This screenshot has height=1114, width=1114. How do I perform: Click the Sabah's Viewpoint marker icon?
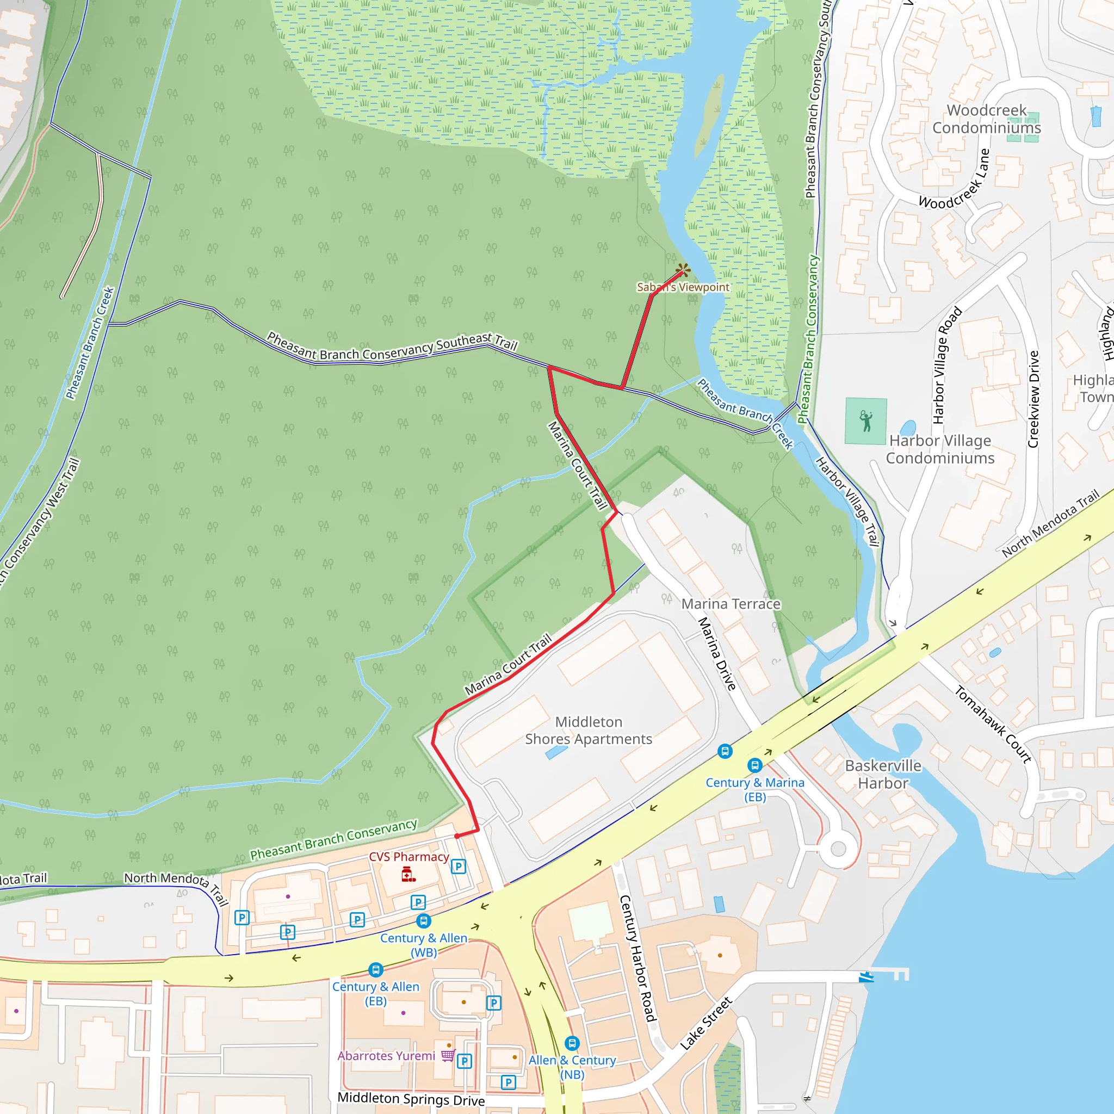(683, 269)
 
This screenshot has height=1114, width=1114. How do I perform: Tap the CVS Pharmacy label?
(409, 857)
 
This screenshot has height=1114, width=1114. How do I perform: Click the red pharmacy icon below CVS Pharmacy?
(409, 875)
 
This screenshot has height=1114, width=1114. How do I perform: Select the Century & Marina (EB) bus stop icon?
(755, 765)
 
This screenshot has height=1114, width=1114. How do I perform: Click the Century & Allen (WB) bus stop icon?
(423, 921)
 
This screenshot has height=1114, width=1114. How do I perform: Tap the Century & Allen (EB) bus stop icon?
(376, 969)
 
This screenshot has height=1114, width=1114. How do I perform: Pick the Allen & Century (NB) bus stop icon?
(572, 1043)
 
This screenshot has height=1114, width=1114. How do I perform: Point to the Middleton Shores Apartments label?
(588, 731)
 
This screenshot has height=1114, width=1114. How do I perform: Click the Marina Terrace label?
(731, 604)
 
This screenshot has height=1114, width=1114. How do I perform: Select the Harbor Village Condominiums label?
(940, 449)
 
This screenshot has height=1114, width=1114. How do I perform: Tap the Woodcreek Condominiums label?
(987, 119)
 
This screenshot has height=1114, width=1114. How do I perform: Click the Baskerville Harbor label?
(883, 774)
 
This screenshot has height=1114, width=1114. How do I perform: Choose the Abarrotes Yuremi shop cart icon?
(448, 1055)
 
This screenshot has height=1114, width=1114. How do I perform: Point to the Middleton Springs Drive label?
(411, 1098)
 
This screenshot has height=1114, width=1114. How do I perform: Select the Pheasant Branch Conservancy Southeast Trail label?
(392, 346)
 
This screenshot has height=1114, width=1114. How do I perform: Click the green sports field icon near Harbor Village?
(865, 422)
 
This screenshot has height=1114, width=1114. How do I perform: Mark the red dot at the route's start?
(457, 835)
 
